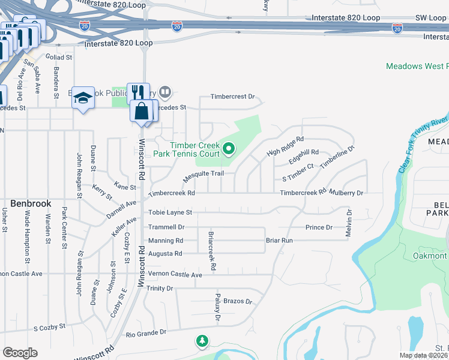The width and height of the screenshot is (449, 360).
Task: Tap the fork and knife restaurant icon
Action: tap(138, 92)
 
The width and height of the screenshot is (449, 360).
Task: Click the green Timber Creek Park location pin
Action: tap(229, 147)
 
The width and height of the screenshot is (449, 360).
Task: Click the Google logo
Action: tap(20, 353)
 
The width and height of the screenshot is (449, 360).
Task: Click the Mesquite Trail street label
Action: tap(203, 174)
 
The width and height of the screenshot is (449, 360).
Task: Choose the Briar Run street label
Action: tap(279, 240)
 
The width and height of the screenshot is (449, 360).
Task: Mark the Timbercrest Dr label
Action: tap(233, 97)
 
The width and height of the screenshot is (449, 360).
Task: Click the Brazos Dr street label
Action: tap(238, 301)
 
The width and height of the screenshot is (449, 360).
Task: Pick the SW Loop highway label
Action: tap(429, 18)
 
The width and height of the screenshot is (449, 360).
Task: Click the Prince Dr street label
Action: tap(319, 227)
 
